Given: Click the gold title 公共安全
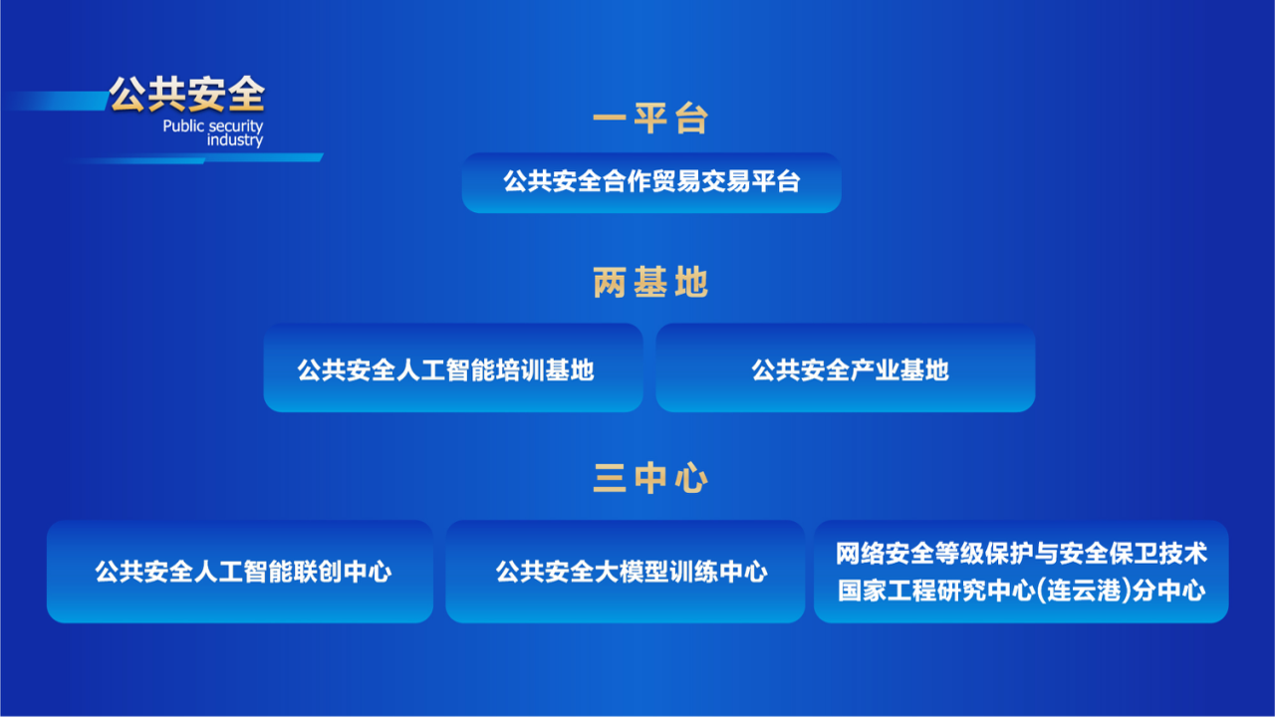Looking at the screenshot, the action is (x=187, y=94).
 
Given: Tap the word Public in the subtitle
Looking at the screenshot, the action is (x=183, y=125).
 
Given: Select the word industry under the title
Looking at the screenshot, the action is (x=234, y=140).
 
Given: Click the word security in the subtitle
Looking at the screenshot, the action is (x=235, y=126).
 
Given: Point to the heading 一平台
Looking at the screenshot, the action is (x=650, y=119).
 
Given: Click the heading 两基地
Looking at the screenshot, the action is (x=650, y=282).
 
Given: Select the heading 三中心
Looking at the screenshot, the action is (x=650, y=477).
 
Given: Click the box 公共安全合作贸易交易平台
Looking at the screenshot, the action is (x=651, y=182).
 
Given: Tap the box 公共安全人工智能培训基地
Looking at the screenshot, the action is (x=453, y=367).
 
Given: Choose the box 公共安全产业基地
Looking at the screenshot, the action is (x=846, y=367).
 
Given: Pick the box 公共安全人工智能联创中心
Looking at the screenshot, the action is (x=240, y=572).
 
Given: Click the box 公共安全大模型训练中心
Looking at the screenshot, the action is (x=625, y=572).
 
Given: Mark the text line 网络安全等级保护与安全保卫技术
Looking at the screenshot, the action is (x=1021, y=554).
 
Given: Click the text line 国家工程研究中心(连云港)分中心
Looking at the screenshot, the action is (x=1021, y=591).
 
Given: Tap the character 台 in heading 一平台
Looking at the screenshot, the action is (x=691, y=119).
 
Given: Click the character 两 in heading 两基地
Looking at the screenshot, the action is (x=610, y=282).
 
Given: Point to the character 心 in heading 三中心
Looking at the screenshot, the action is (x=691, y=477).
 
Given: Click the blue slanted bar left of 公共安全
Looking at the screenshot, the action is (x=56, y=101).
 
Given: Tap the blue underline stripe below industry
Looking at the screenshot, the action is (x=196, y=158).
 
